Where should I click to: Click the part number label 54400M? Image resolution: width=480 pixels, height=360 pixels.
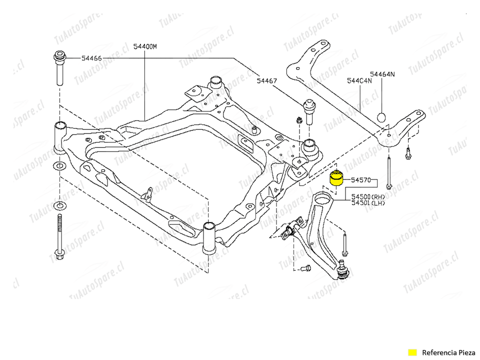click(x=145, y=46)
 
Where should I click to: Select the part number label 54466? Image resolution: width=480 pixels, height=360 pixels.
click(x=91, y=58)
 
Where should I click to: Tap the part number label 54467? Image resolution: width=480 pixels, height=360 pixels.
click(x=267, y=80)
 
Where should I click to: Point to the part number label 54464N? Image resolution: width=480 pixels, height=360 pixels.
click(x=382, y=74)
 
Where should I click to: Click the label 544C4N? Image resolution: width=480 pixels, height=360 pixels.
click(x=359, y=80)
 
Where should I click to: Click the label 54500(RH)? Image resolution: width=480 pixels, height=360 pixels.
click(x=368, y=196)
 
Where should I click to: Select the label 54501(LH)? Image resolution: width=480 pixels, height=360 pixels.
click(x=368, y=203)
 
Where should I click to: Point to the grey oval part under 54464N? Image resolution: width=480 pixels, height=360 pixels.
click(x=381, y=117)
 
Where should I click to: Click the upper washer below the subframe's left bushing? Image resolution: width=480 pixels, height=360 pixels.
click(x=59, y=165)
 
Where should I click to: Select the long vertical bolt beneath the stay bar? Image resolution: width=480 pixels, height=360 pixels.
click(x=389, y=172)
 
